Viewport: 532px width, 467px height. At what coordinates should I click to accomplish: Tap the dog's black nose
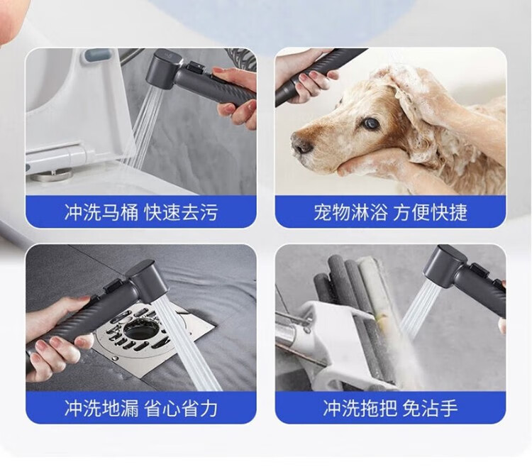[x=301, y=145]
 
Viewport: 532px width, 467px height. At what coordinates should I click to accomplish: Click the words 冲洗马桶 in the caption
[x=101, y=212]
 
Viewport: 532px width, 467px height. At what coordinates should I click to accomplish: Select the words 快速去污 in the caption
[x=181, y=212]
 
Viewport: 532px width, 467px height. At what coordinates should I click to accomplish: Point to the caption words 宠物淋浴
[x=350, y=212]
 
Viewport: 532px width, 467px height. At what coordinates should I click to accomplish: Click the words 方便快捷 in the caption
[x=431, y=212]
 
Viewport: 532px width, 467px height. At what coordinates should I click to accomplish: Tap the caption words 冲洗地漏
[x=101, y=408]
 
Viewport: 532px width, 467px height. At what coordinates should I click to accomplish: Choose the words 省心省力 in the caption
[x=181, y=408]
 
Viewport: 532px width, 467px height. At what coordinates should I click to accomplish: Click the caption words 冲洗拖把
[x=360, y=408]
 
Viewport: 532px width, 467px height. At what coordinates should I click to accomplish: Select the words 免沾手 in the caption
[x=431, y=408]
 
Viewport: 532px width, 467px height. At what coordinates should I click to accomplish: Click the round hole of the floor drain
[x=139, y=330]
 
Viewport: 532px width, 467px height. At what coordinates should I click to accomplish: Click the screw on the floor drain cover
[x=116, y=358]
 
